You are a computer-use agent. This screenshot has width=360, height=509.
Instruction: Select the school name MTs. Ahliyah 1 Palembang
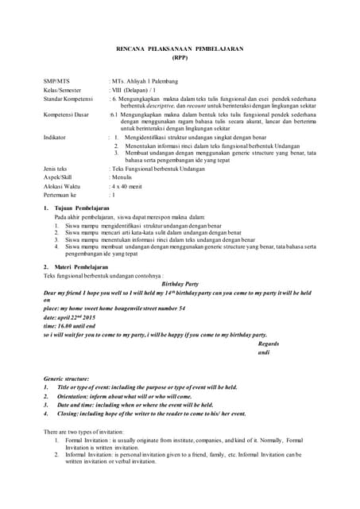145,82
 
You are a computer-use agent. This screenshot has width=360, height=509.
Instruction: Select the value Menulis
122,177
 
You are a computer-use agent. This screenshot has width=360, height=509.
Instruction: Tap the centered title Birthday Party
180,283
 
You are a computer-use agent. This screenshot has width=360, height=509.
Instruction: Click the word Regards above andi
270,343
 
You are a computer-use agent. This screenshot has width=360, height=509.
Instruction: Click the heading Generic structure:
67,379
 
